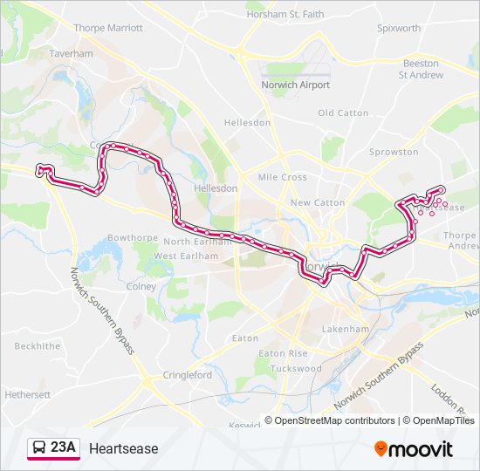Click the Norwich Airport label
[x=296, y=85]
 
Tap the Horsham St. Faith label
[x=285, y=15]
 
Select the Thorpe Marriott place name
[x=108, y=28]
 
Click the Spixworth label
[x=398, y=28]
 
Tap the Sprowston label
[x=394, y=152]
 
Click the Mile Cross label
[x=282, y=177]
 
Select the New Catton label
[x=318, y=202]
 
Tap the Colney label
[x=141, y=286]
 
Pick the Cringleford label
[x=187, y=375]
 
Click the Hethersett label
[x=27, y=394]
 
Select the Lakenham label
[x=346, y=330]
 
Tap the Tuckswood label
[x=296, y=368]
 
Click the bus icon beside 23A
[x=38, y=448]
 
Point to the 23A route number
[x=63, y=448]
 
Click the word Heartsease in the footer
[x=124, y=448]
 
